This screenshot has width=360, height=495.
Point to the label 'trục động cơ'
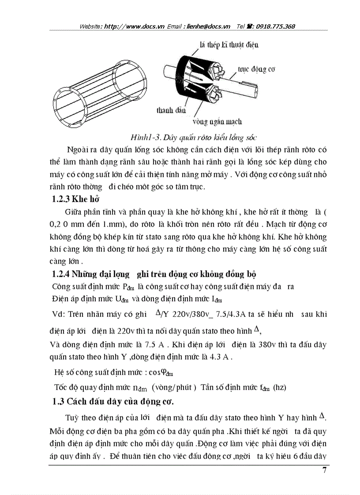point(257,70)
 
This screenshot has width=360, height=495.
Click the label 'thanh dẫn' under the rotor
point(171,110)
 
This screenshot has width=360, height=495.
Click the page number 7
point(325,470)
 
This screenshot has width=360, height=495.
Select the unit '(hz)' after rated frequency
point(279,387)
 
